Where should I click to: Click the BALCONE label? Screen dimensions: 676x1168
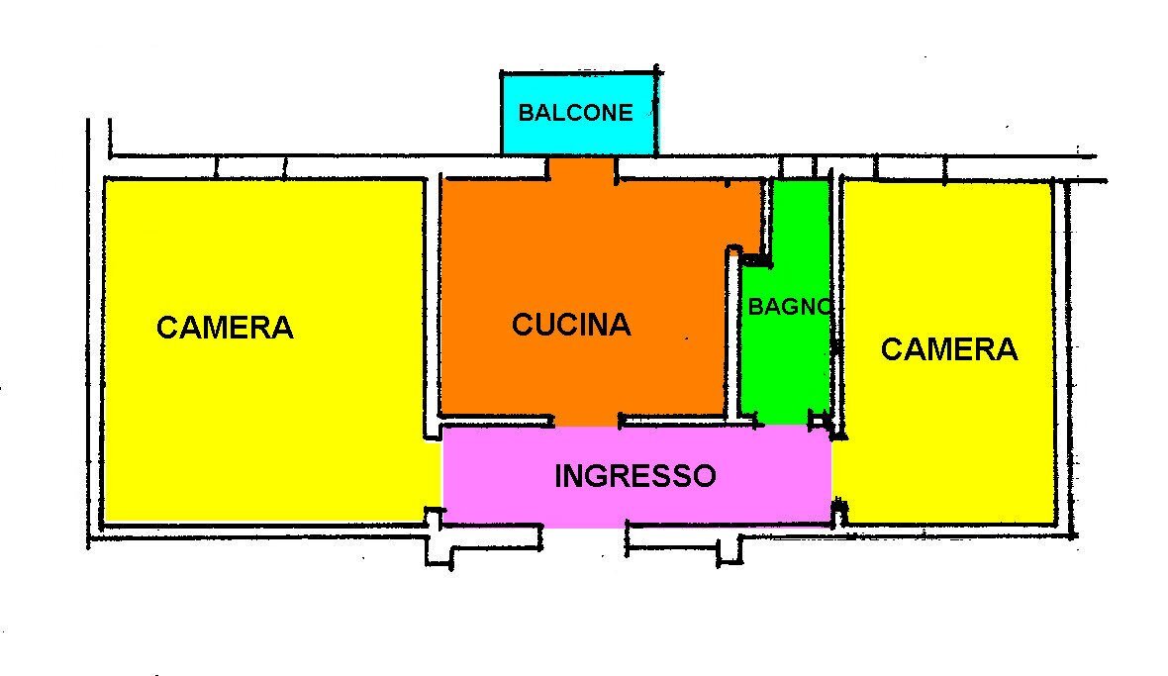coord(575,112)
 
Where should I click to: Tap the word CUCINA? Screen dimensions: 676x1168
coord(571,325)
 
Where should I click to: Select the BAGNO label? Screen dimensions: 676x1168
coord(789,307)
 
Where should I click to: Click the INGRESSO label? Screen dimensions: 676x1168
coord(634,476)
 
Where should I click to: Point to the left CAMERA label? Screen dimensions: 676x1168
coord(225,328)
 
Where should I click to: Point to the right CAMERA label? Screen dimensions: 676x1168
coord(948,348)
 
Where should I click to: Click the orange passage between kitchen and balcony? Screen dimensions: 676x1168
coord(583,168)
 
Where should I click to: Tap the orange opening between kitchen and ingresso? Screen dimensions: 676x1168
coord(586,421)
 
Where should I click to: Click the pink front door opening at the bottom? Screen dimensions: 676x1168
coord(584,522)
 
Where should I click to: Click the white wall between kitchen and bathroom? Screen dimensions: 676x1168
coord(733,337)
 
